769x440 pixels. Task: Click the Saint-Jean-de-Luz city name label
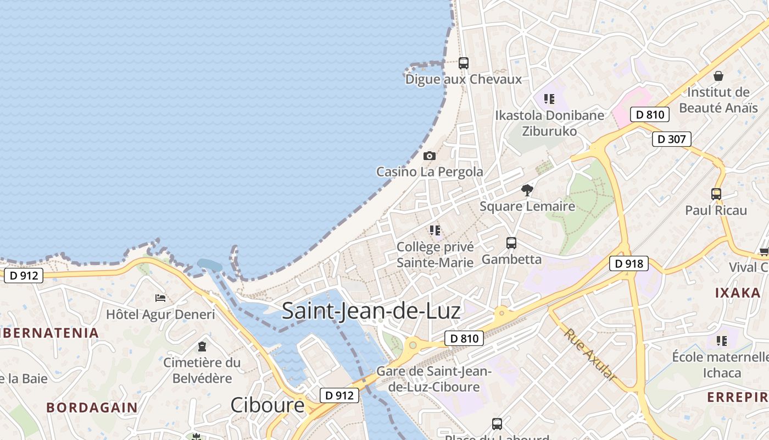pyautogui.click(x=371, y=311)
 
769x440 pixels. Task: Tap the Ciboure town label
pyautogui.click(x=267, y=405)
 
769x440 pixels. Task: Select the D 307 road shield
pyautogui.click(x=671, y=139)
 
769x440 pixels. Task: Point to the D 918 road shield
pyautogui.click(x=629, y=264)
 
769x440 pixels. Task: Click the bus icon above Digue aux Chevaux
pyautogui.click(x=464, y=63)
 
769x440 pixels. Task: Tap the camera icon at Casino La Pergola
pyautogui.click(x=430, y=156)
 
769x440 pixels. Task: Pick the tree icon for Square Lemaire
pyautogui.click(x=527, y=190)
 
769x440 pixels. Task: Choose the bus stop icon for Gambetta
pyautogui.click(x=511, y=243)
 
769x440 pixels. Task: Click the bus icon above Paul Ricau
pyautogui.click(x=716, y=194)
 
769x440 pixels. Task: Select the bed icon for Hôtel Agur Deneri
pyautogui.click(x=160, y=298)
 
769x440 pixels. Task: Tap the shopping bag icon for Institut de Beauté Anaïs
pyautogui.click(x=718, y=76)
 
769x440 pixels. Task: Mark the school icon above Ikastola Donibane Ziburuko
pyautogui.click(x=549, y=99)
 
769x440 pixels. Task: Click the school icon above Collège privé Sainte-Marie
pyautogui.click(x=435, y=230)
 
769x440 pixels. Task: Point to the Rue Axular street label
pyautogui.click(x=589, y=355)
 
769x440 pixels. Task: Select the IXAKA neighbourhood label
pyautogui.click(x=737, y=293)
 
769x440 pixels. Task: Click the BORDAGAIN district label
pyautogui.click(x=92, y=408)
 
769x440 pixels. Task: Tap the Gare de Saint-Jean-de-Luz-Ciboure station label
pyautogui.click(x=434, y=379)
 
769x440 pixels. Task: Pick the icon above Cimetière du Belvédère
pyautogui.click(x=202, y=346)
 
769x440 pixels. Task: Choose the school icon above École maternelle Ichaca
pyautogui.click(x=722, y=341)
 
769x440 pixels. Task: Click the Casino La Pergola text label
pyautogui.click(x=430, y=172)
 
